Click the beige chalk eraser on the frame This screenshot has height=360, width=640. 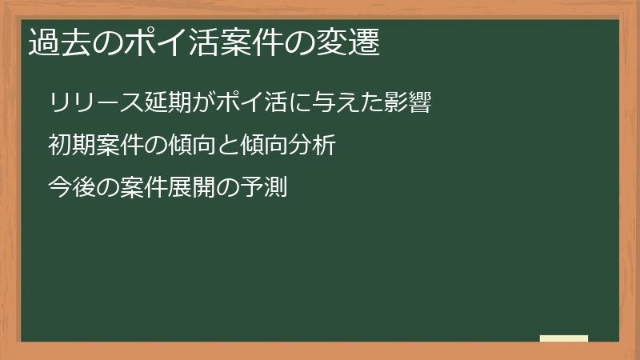coord(563,338)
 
